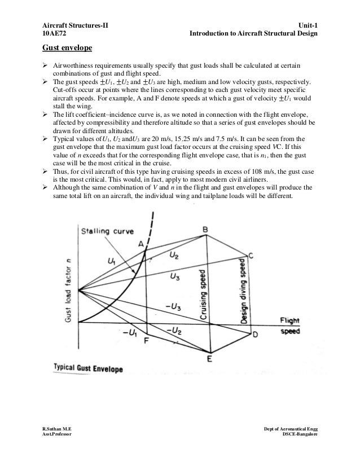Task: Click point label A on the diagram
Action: coord(141,243)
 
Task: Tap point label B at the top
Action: coord(205,228)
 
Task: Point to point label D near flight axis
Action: coord(254,335)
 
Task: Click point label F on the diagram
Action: coord(147,340)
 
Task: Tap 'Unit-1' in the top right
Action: coord(306,26)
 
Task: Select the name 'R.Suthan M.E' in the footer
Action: coord(58,430)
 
